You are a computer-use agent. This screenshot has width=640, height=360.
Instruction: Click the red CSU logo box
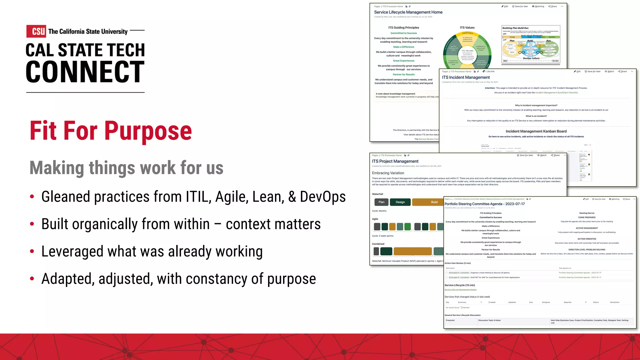36,31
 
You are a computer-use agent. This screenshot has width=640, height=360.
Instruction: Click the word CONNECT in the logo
85,72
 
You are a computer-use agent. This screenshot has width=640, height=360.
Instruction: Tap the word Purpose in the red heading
148,131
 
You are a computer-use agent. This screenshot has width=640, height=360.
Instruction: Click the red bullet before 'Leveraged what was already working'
32,251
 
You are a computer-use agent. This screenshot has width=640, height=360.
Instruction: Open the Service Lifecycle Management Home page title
408,12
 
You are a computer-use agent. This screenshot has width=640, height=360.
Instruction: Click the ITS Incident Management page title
466,77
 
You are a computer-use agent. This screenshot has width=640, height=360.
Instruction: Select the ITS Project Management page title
395,161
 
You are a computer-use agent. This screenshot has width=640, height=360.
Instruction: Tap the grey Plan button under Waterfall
381,202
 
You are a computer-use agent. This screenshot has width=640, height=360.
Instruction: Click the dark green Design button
400,202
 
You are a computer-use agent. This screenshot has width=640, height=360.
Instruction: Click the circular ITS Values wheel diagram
467,50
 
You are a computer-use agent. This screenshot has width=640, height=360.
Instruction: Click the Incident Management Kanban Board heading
536,131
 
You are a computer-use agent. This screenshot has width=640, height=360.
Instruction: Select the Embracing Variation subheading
388,173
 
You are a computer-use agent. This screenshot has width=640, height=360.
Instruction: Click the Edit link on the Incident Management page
577,72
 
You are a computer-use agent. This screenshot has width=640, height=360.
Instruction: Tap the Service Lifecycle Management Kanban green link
460,290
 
